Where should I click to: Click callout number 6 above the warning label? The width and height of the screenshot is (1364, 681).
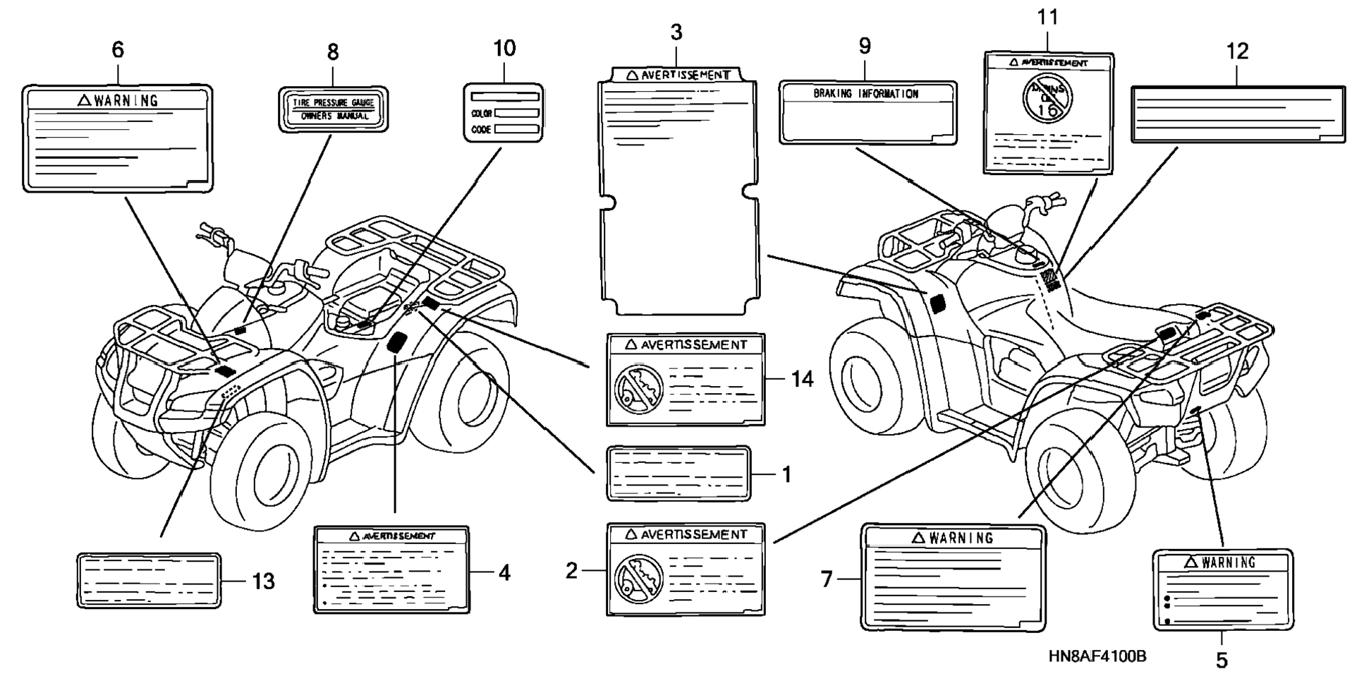point(118,50)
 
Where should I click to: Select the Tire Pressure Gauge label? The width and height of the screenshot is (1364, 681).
point(334,109)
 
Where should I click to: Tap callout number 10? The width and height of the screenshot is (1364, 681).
point(504,49)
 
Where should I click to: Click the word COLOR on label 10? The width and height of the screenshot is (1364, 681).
point(482,114)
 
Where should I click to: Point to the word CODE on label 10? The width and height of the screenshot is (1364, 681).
point(481,130)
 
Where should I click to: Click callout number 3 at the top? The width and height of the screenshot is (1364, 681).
point(676,32)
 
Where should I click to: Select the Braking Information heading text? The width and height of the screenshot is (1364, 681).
point(866,94)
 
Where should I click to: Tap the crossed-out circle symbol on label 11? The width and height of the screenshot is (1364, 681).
point(1047,97)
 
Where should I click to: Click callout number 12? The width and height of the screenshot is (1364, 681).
point(1237,52)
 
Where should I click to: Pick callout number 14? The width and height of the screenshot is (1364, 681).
point(802,380)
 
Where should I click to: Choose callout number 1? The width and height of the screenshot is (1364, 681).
point(786,474)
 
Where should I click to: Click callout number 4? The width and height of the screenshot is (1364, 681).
point(504,572)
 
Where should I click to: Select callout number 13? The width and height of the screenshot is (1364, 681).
point(263,581)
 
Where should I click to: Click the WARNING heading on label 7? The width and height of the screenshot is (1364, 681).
point(953,538)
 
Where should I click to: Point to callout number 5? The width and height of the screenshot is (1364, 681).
point(1222,661)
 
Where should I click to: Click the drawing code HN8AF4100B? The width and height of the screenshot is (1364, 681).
point(1097,656)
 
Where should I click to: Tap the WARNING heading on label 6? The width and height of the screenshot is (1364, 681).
point(118,101)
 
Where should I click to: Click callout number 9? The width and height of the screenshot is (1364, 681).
point(865,47)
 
